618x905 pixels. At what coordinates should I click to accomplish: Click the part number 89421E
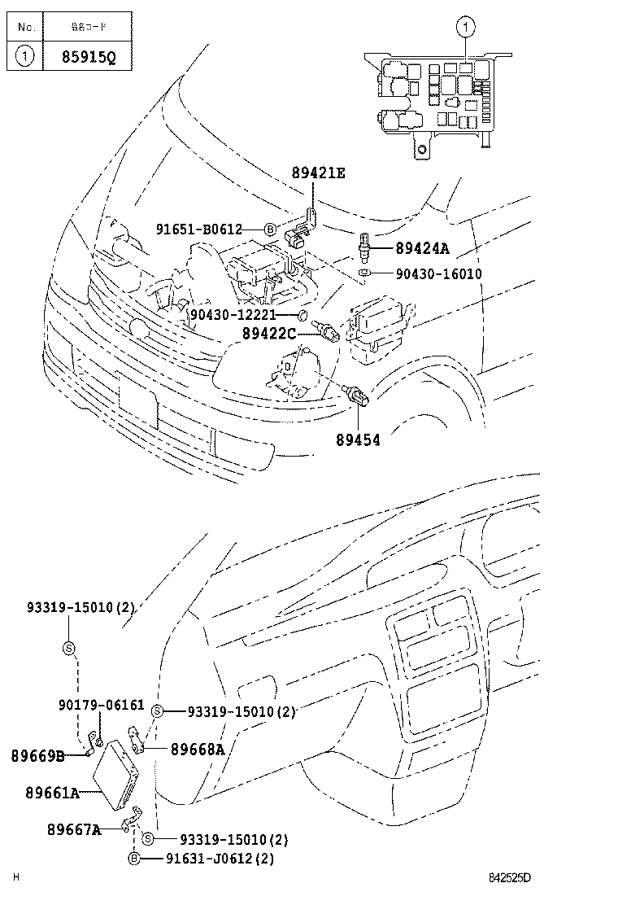point(318,173)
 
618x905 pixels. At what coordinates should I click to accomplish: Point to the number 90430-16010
point(439,274)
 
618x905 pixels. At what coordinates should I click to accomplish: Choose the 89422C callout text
point(276,333)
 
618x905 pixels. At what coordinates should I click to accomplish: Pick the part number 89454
point(358,439)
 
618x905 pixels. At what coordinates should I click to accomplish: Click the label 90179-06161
point(101,704)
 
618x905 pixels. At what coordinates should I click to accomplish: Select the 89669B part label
point(37,756)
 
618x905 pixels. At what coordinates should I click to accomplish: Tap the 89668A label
point(198,750)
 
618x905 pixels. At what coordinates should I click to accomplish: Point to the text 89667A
point(74,829)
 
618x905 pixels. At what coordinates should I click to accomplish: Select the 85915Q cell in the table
point(89,58)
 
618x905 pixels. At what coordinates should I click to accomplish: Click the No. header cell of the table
point(25,27)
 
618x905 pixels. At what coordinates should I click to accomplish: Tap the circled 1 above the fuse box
point(465,29)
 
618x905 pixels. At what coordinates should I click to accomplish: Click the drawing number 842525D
point(509,877)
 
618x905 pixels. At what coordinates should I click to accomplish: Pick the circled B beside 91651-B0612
point(271,230)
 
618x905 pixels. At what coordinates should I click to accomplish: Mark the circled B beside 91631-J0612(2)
point(134,858)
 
